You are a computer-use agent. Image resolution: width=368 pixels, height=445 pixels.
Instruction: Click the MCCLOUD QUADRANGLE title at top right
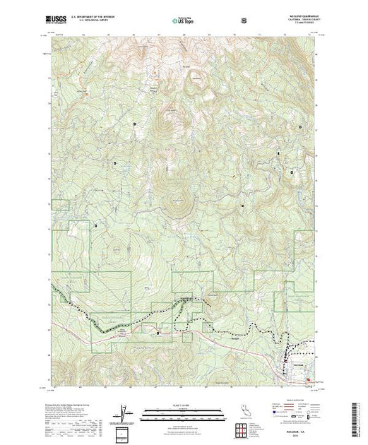(305, 16)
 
